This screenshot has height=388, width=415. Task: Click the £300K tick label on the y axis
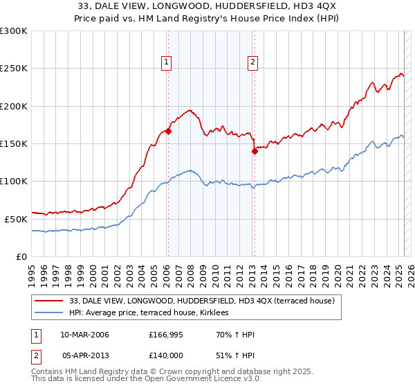point(14,31)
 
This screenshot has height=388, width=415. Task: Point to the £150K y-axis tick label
point(14,143)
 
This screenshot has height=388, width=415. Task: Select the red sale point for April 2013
point(255,151)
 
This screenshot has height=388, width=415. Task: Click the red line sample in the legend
point(50,301)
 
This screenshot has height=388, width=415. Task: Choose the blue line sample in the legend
point(50,313)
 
